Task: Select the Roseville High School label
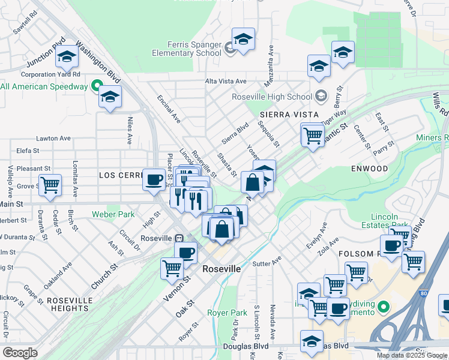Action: click(x=272, y=97)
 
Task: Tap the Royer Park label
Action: click(x=227, y=313)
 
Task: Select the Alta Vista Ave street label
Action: click(x=226, y=81)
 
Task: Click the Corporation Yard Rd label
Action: click(x=51, y=74)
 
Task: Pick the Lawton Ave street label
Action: click(x=53, y=138)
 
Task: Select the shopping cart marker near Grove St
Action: click(x=50, y=184)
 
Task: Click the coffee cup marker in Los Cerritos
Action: click(x=154, y=179)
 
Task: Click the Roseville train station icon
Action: click(x=179, y=238)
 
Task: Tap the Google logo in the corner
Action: click(x=20, y=353)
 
